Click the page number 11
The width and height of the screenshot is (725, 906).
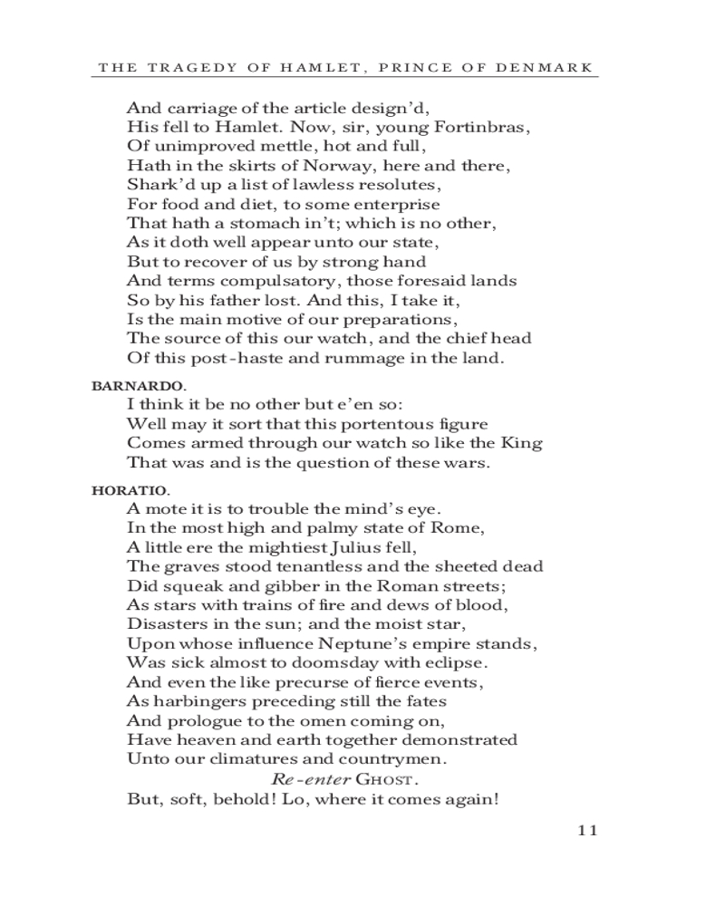587,831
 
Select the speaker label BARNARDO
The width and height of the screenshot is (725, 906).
125,385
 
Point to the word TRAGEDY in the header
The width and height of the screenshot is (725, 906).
188,67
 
